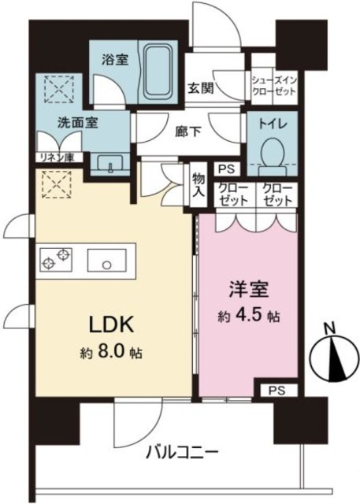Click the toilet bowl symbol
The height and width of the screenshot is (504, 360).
coord(273,152)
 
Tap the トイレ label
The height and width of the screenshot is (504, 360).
coord(273,124)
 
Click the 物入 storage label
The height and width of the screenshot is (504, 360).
coord(198,186)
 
